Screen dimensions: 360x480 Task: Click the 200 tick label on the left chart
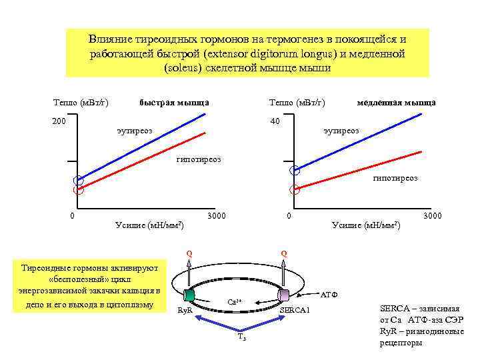[x=59, y=121]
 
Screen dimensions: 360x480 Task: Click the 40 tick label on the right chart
[x=275, y=121]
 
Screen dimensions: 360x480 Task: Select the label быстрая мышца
[x=174, y=103]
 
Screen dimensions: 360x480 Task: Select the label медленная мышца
[x=396, y=103]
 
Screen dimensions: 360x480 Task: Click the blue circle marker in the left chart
[x=79, y=180]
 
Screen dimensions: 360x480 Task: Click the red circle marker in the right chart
[x=295, y=190]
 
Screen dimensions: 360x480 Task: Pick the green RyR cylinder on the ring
[x=189, y=295]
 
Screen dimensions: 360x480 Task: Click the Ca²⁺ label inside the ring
[x=234, y=302]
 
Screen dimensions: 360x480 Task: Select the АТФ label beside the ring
[x=331, y=293]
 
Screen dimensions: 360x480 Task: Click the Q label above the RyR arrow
[x=189, y=253]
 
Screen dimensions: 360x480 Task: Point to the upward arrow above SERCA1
[x=285, y=273]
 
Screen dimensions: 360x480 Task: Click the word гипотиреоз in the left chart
[x=199, y=160]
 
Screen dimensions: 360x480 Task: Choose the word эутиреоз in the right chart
[x=341, y=131]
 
